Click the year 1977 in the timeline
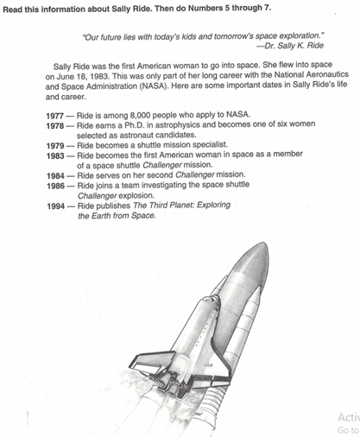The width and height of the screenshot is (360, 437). (x=54, y=116)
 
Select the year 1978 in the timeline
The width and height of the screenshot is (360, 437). (x=55, y=126)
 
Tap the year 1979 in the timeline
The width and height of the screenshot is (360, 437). (x=55, y=146)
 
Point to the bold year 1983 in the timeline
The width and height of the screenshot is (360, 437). (x=55, y=155)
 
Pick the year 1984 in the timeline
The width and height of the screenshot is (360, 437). (x=55, y=175)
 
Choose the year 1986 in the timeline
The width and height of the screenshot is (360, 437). (x=55, y=186)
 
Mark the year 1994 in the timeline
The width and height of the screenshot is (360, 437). (x=56, y=206)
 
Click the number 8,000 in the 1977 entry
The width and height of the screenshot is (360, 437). (x=140, y=116)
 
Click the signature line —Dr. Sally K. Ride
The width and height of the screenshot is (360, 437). (x=290, y=46)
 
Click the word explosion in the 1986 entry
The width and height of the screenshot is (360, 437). (x=136, y=196)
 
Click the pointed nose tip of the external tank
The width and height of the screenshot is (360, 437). (x=266, y=244)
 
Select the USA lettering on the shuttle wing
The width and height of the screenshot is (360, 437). (x=208, y=365)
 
